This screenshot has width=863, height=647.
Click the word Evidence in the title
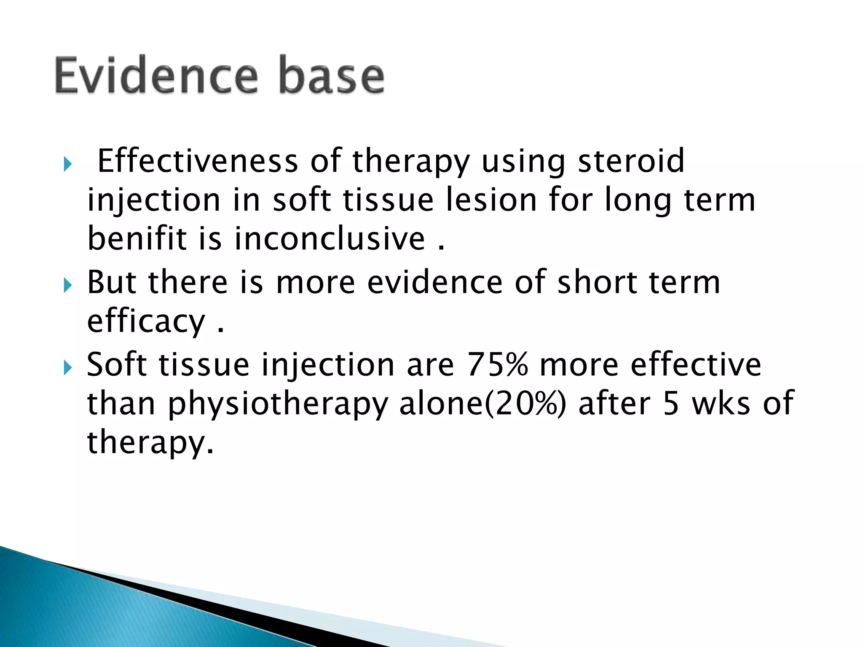pos(156,76)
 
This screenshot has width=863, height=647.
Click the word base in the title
pos(332,76)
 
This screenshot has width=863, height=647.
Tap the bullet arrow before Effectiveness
pos(67,164)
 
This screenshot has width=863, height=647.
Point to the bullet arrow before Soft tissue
pos(67,368)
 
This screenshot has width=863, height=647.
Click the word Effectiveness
pos(198,161)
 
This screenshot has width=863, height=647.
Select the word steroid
pos(631,161)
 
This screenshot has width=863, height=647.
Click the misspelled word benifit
pos(137,238)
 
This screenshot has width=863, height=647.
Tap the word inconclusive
pos(330,238)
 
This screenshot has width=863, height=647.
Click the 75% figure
pos(498,364)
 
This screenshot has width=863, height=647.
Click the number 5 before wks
pos(671,404)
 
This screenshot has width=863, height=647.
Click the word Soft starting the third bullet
pos(117,364)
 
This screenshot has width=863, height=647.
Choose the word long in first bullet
pos(638,201)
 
